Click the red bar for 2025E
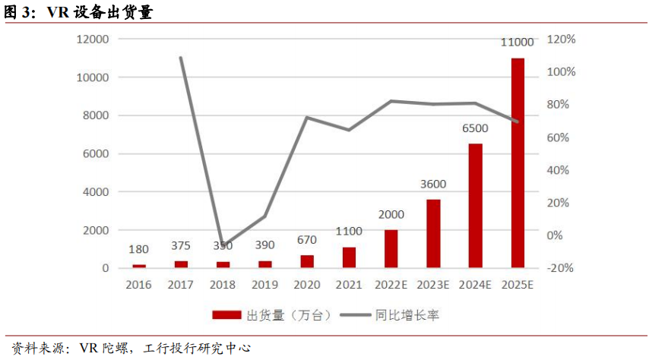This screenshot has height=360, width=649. tap(518, 163)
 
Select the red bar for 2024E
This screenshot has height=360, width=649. tap(475, 205)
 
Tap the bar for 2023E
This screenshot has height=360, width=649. tap(433, 233)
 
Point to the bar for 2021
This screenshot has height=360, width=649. tap(349, 257)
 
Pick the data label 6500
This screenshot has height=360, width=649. tap(475, 128)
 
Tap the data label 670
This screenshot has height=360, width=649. tap(307, 240)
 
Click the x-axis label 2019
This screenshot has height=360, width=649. tap(265, 286)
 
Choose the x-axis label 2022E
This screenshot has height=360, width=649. tap(391, 286)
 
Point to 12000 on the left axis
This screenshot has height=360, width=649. tap(93, 39)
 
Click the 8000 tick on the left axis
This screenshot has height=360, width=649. tap(97, 115)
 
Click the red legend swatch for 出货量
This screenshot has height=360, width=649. tap(226, 314)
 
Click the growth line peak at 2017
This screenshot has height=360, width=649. tap(181, 57)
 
